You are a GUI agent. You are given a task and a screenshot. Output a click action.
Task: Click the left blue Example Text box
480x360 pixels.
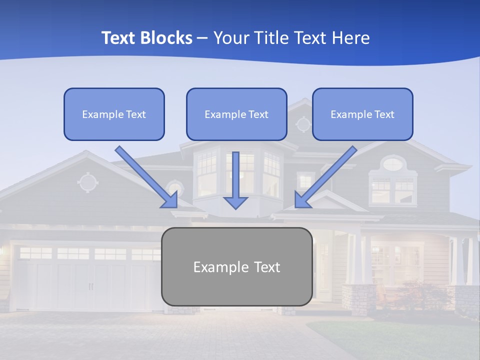pos(114,114)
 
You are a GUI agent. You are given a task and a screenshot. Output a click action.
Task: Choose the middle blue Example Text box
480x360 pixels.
pos(236,114)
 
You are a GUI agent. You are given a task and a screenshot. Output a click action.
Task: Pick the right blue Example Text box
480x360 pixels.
pos(362,114)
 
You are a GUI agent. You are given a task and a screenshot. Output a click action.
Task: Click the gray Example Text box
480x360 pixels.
pos(236,266)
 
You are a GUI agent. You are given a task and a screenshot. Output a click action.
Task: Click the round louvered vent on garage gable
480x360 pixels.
pos(87,182)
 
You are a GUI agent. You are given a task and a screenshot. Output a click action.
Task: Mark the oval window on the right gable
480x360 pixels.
pos(393,163)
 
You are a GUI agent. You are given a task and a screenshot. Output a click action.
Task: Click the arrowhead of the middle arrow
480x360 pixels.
pos(236,202)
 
